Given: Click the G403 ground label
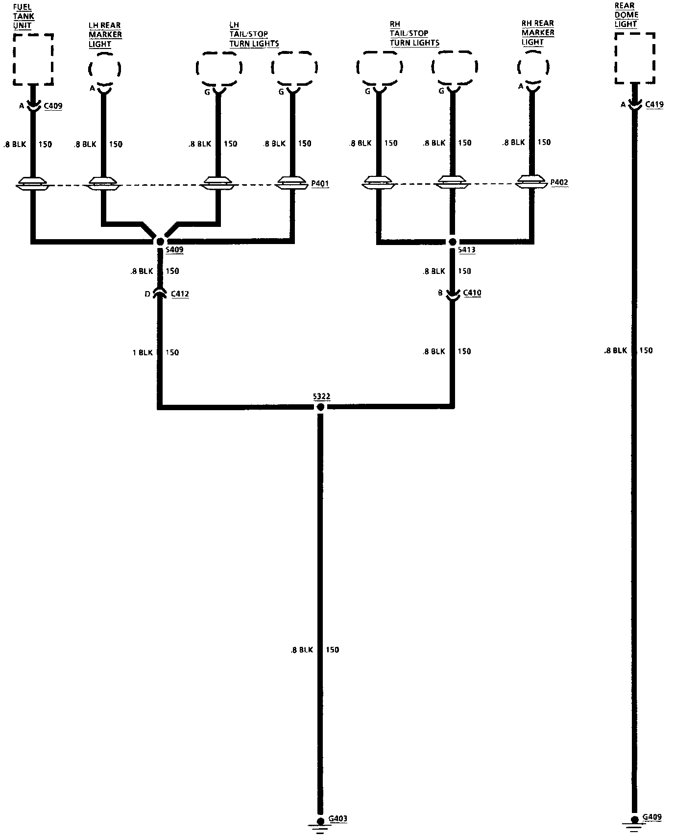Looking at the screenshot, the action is pos(337,818).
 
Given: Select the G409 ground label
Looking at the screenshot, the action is pos(652,817).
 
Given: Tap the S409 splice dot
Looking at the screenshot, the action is pos(160,241).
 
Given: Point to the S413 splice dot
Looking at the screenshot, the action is pos(453,242).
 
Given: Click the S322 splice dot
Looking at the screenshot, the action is pos(320,407).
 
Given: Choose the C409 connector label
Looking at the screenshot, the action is pos(53,106).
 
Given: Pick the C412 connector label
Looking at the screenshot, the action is pos(179,294).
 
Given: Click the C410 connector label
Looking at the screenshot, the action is pos(472,293).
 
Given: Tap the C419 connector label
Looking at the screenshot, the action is pos(654,104).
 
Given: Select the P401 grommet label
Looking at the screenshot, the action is pos(320,184).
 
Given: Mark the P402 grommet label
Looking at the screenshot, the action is pos(559,183).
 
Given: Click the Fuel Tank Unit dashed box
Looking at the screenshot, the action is pos(33,59).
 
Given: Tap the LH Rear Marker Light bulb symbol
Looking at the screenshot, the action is pos(104,69).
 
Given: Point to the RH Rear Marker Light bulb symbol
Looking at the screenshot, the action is pos(533,67).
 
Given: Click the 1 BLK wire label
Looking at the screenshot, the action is pos(143,353).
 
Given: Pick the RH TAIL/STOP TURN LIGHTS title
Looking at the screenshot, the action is pos(414,33).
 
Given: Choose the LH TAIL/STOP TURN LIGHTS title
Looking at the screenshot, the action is pos(254,34).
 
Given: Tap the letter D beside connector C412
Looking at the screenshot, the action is pos(147,294).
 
